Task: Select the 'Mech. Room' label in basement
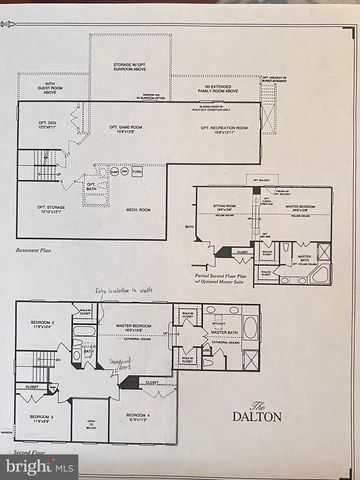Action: (139, 210)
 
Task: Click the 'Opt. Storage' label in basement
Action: (52, 209)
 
